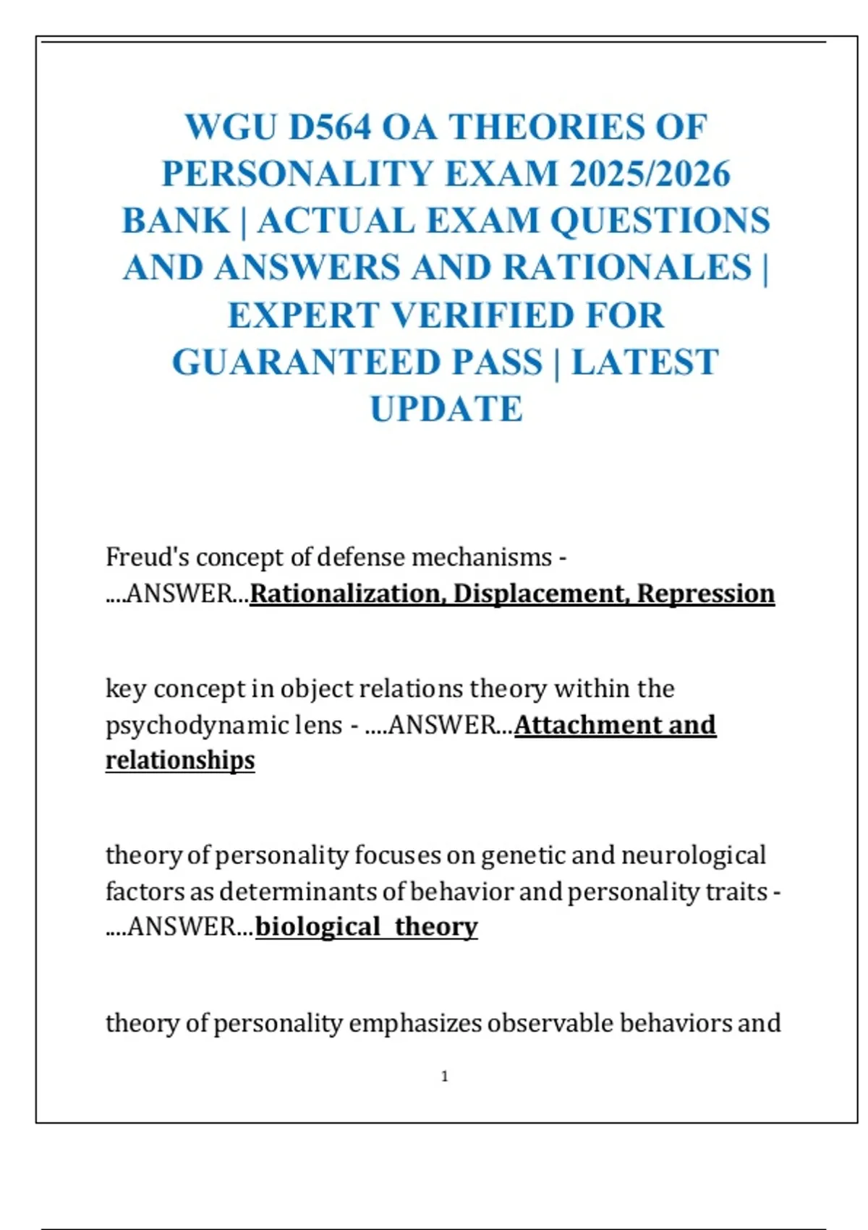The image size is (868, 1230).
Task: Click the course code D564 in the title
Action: coord(330,127)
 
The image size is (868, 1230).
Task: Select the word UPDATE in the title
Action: coord(446,409)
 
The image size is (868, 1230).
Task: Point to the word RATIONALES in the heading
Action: coord(627,268)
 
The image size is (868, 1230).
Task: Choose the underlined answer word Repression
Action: coord(706,593)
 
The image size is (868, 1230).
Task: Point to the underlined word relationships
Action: coord(180,760)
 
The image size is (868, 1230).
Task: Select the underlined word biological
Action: coord(318,927)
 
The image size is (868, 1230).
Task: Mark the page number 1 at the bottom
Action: coord(445,1077)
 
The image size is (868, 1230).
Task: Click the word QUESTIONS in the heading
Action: coord(660,221)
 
